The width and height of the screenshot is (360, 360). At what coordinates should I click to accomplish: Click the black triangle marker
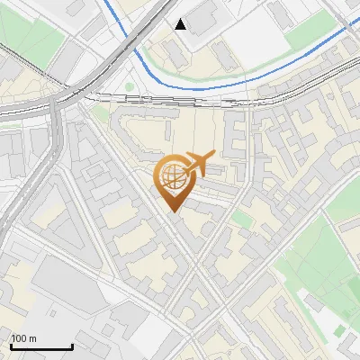point(181,24)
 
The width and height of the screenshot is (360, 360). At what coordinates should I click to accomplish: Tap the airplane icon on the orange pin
point(198,163)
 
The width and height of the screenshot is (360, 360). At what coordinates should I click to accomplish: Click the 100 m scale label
point(24,339)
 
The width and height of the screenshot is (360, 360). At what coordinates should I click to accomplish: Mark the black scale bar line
point(41,346)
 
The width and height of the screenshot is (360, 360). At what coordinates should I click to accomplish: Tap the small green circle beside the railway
point(130,87)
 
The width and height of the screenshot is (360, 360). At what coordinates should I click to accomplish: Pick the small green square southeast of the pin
point(240,219)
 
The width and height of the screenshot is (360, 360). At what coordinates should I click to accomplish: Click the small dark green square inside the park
point(338,331)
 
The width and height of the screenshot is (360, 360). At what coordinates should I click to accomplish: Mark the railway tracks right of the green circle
point(180,96)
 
